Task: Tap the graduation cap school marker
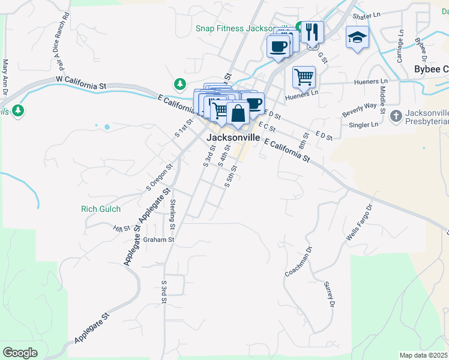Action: pos(357,37)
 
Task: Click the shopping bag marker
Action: pos(238,113)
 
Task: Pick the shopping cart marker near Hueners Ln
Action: pos(304,76)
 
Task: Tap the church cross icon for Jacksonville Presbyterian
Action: pos(396,115)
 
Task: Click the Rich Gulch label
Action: pos(101,209)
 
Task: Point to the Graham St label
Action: pos(158,239)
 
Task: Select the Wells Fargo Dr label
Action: pos(360,223)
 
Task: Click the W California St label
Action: pos(81,82)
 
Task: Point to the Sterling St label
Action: pos(173,214)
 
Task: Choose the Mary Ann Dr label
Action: pos(5,77)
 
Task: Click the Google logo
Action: pos(20,353)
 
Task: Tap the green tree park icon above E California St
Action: pos(179,83)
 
